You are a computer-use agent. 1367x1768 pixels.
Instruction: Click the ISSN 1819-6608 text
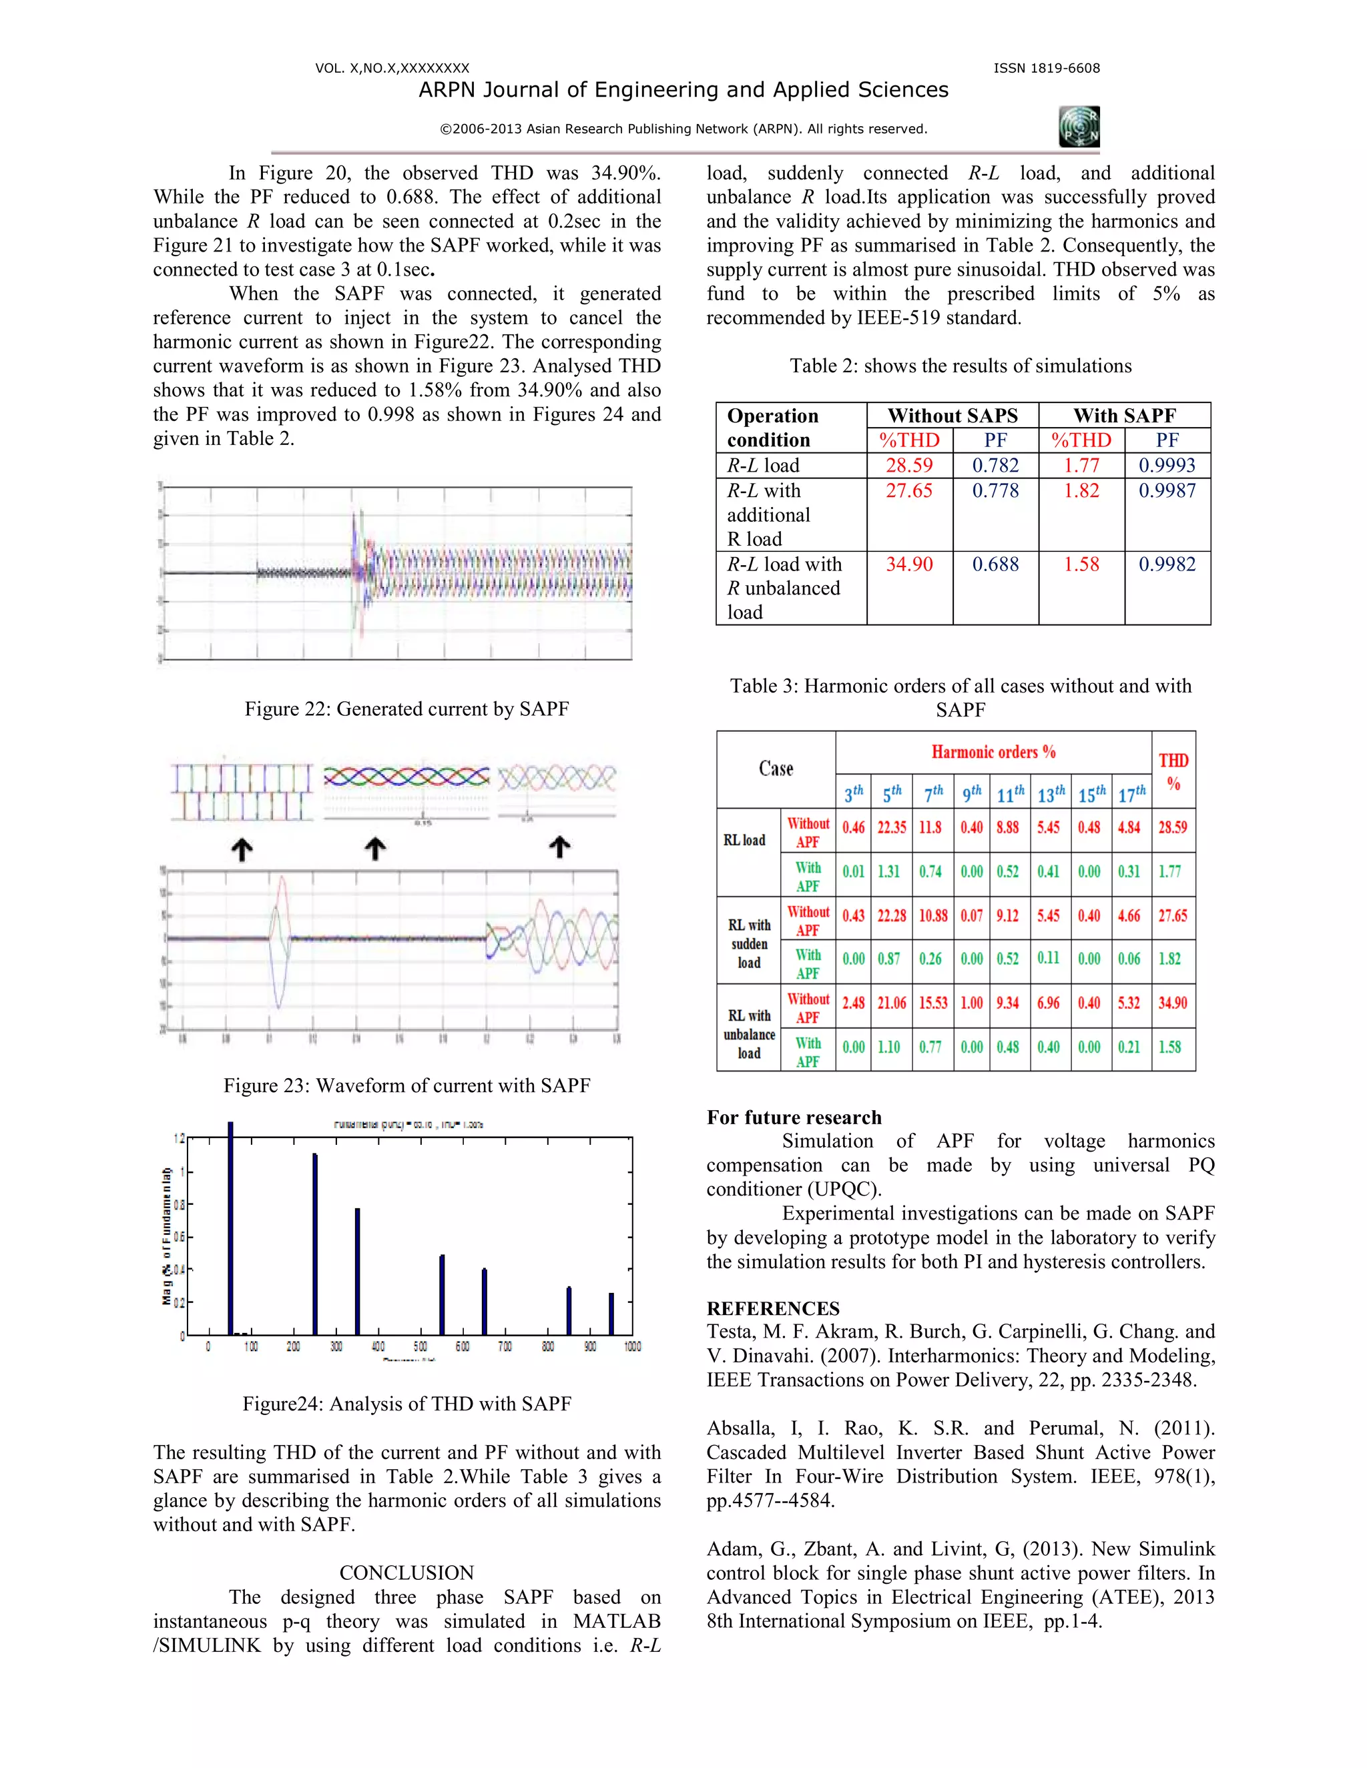tap(1047, 68)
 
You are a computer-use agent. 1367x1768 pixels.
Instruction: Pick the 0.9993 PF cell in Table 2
tap(1167, 466)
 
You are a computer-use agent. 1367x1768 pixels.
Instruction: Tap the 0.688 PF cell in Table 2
tap(995, 564)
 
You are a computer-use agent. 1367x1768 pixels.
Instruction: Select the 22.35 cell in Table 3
tap(892, 827)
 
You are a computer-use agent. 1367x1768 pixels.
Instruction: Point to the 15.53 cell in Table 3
tap(932, 1003)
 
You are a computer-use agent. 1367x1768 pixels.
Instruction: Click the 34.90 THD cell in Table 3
tap(1172, 1003)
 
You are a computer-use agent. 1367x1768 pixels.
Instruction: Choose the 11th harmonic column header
tap(1010, 794)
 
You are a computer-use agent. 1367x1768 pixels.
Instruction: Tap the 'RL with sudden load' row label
tap(749, 943)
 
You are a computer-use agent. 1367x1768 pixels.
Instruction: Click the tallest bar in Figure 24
tap(231, 1230)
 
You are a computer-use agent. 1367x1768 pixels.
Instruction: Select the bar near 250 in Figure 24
tap(315, 1247)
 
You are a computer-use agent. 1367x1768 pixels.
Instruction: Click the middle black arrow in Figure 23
tap(374, 849)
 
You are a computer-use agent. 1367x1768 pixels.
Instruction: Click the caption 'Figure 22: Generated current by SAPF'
tap(406, 709)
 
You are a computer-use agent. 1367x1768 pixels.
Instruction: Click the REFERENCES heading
tap(772, 1308)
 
